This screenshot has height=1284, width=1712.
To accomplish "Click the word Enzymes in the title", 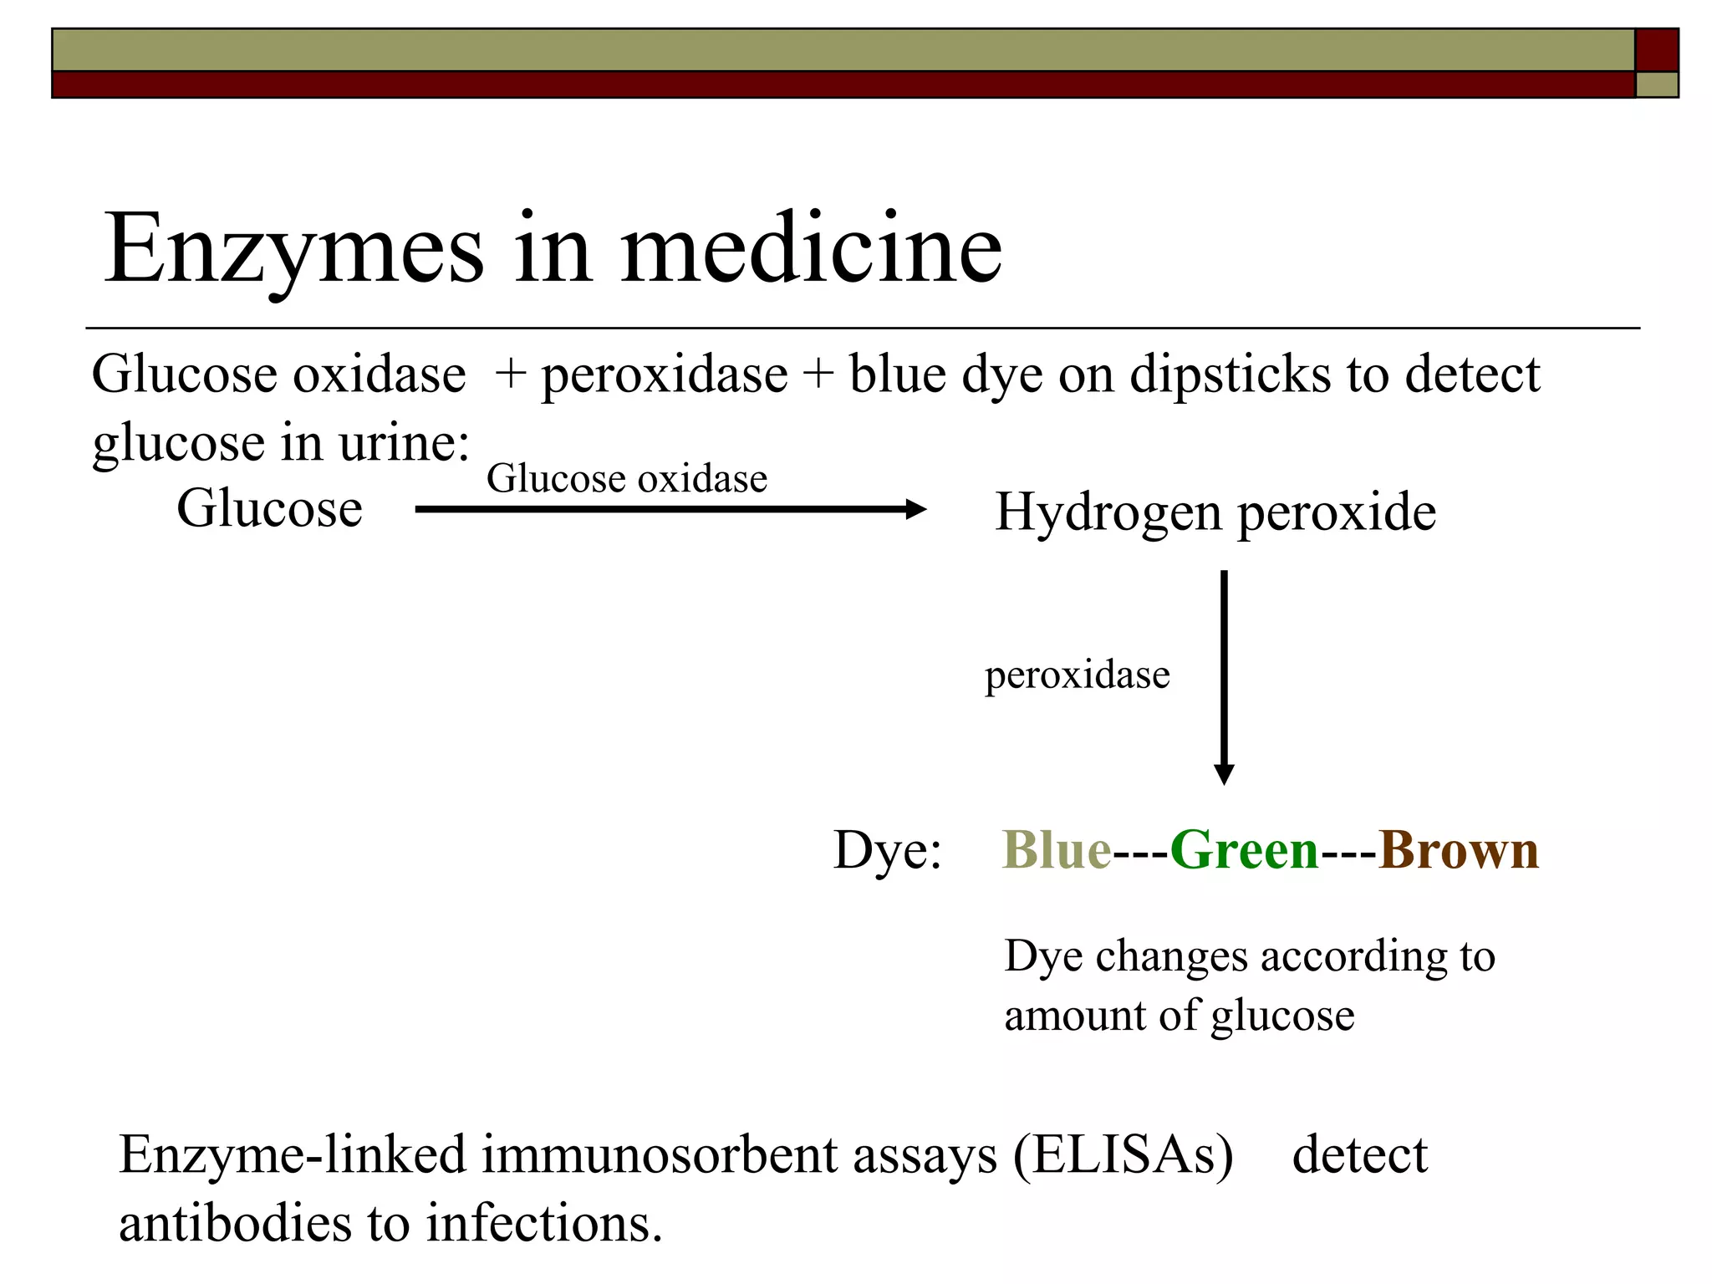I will (293, 248).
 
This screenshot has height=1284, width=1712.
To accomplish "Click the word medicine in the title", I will (811, 248).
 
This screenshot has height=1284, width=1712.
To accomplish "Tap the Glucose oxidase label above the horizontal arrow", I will (627, 479).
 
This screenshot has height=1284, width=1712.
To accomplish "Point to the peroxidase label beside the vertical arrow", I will (1077, 675).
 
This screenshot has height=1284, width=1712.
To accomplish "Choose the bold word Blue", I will (1057, 850).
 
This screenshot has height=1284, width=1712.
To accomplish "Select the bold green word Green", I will (1244, 850).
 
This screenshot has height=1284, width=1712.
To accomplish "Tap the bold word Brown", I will (1458, 850).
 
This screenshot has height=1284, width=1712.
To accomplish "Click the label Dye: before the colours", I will (887, 850).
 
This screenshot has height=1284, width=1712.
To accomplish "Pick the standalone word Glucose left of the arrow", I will (269, 508).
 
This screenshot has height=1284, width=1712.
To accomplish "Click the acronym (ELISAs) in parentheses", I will (1123, 1155).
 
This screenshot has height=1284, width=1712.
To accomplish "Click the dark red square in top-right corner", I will (1656, 50).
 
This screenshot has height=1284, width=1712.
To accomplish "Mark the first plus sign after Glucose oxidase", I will (509, 374).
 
